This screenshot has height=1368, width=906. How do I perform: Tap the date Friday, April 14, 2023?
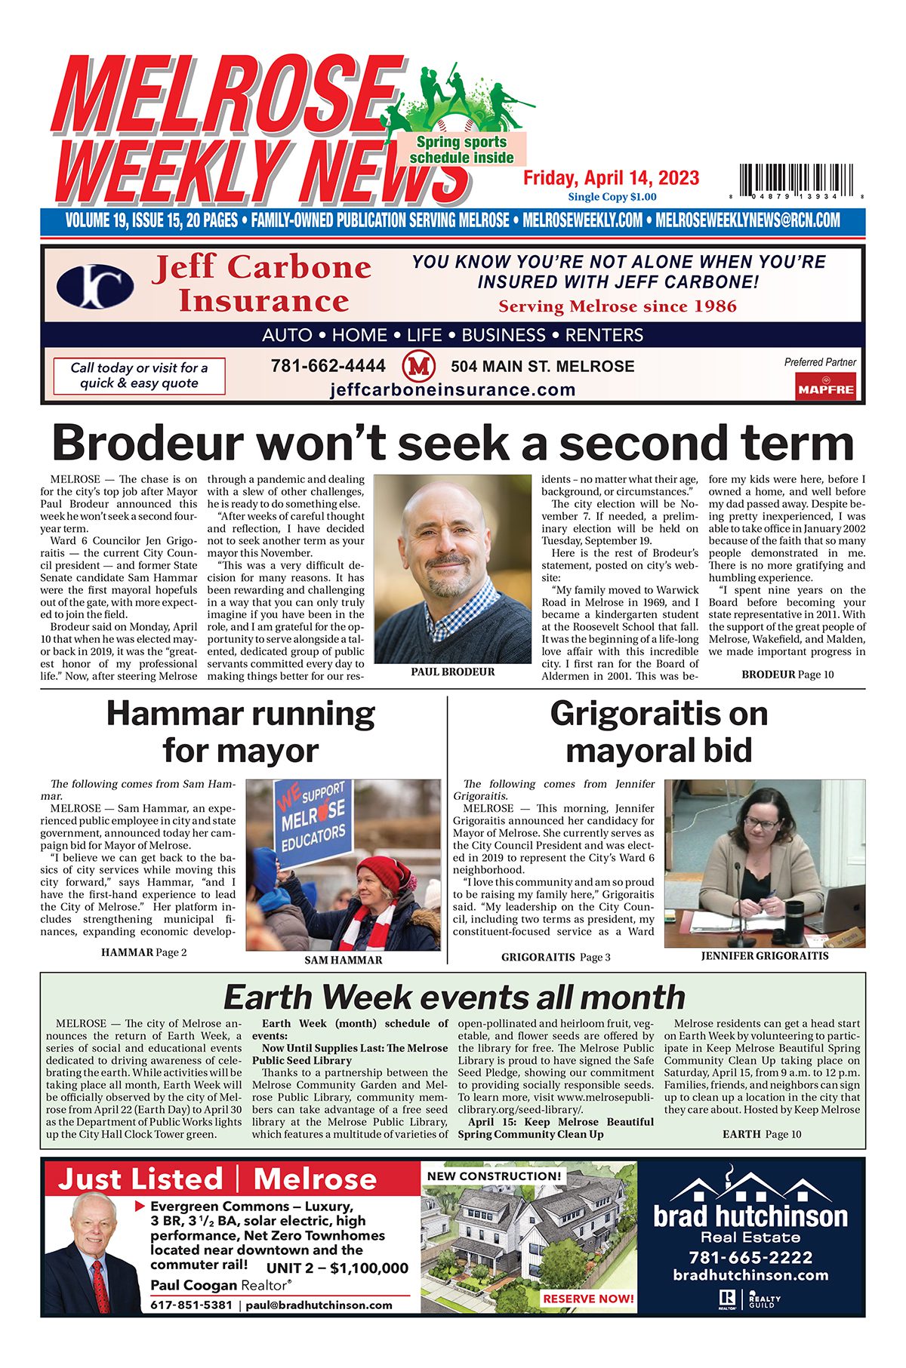tap(612, 178)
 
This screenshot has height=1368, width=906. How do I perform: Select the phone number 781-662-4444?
tap(328, 366)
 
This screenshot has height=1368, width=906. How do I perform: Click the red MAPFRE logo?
tap(825, 389)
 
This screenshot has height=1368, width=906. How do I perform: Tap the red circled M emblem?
tap(419, 367)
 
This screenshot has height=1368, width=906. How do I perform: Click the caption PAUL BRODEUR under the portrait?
tap(453, 672)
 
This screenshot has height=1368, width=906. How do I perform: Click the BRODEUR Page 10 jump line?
tap(787, 674)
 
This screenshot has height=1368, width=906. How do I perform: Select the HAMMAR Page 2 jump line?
tap(143, 952)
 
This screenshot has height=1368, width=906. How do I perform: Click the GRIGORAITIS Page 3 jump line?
tap(556, 957)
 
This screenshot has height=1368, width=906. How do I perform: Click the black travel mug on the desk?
tap(794, 917)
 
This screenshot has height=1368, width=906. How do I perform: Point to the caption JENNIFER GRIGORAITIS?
tap(764, 955)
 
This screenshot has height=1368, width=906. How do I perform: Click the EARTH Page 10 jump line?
tap(762, 1134)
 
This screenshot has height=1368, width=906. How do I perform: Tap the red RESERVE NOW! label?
tap(588, 1299)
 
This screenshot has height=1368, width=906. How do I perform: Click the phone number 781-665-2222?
tap(750, 1257)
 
